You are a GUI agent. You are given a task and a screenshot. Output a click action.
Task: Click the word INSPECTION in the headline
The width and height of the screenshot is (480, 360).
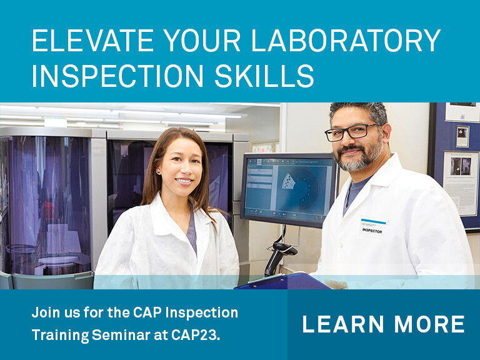[111, 75]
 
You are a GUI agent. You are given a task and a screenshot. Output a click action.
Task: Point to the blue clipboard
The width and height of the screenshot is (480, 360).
[281, 283]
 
